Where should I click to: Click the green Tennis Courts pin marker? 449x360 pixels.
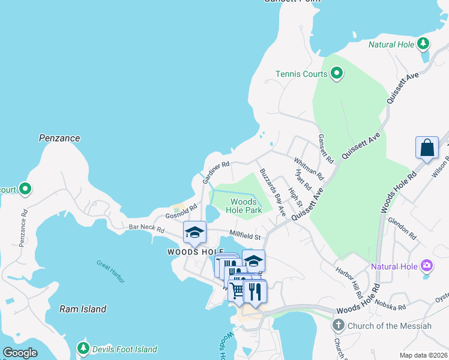[x=337, y=74]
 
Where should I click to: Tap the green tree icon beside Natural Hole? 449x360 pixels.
[x=423, y=44]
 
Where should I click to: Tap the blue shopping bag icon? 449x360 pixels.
[x=427, y=148]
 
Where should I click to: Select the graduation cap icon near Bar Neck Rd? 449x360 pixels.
[x=194, y=232]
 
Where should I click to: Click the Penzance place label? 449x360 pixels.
[x=59, y=138]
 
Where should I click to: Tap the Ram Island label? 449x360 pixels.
[x=83, y=309]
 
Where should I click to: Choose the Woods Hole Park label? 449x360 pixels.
[x=244, y=206]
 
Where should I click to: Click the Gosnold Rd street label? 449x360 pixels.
[x=181, y=212]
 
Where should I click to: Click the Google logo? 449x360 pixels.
[x=20, y=353]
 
